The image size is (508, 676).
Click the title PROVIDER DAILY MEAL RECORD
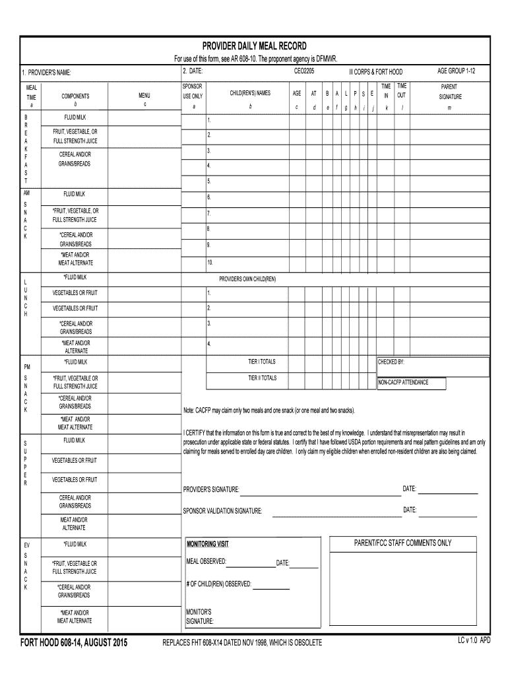point(254,46)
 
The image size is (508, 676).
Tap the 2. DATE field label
point(193,71)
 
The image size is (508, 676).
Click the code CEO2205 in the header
point(303,71)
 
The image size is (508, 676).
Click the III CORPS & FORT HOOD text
point(376,71)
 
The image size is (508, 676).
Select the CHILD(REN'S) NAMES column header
point(250,93)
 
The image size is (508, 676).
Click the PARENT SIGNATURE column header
point(449,91)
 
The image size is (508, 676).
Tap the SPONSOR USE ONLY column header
point(193,91)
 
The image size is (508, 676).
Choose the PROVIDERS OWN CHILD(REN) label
point(247,279)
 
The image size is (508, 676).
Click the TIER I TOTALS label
point(262,362)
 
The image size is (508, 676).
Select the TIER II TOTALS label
point(262,378)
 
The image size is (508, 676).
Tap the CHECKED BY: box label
point(391,362)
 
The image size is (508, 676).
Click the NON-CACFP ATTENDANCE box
point(411,383)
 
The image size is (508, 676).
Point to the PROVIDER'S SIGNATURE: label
point(211,489)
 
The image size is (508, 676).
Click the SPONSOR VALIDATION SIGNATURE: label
point(222,511)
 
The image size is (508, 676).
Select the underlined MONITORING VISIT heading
point(208,544)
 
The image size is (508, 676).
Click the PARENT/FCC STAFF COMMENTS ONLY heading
point(402,543)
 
